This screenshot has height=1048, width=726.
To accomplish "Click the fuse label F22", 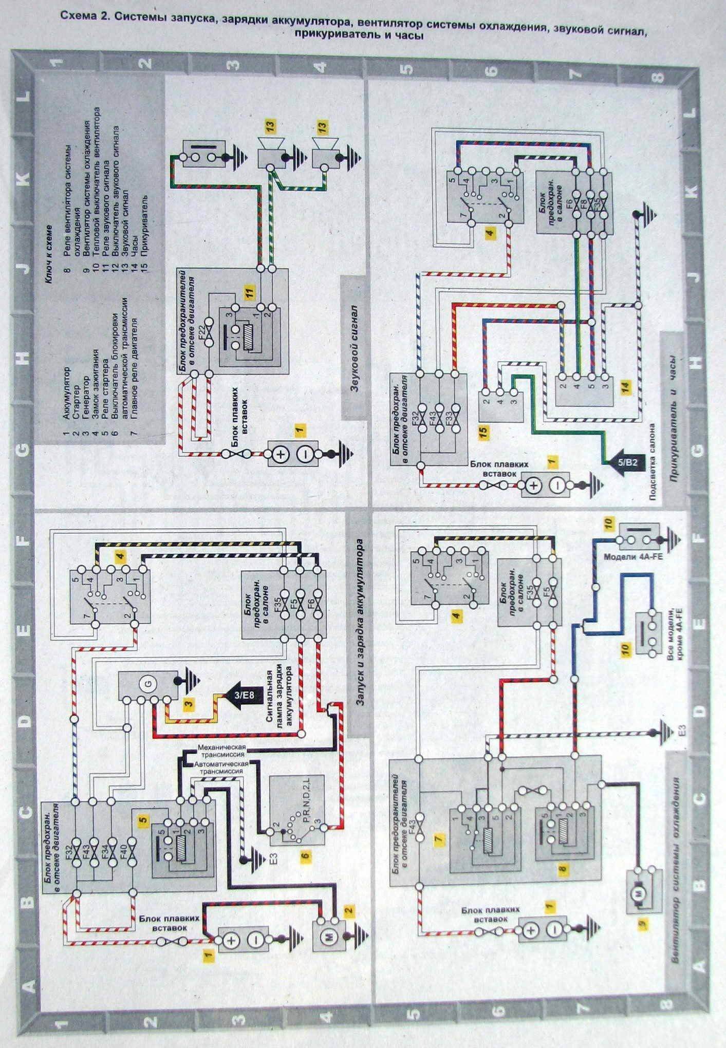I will (x=201, y=326).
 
